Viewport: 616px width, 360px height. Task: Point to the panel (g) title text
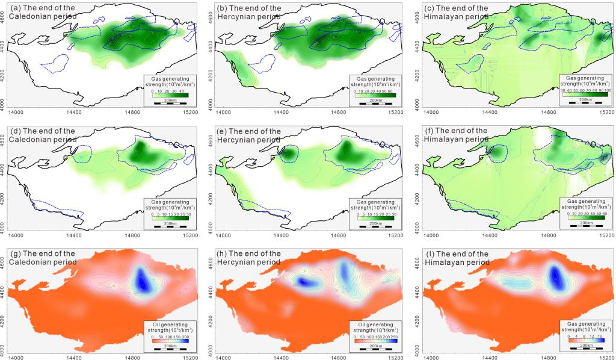point(39,258)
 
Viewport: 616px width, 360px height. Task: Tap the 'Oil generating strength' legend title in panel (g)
point(170,327)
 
